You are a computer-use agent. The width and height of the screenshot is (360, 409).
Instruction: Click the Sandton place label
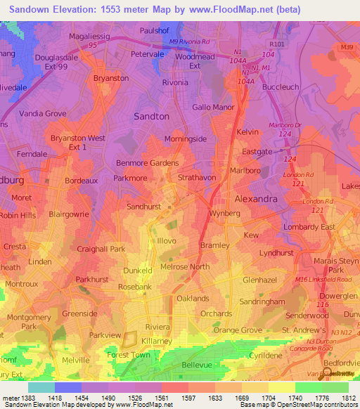point(151,116)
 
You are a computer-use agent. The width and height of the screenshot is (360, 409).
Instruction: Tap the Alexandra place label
point(255,199)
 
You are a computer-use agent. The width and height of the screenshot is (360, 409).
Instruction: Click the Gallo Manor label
point(213,107)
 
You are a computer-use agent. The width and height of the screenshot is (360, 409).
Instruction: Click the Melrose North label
point(185,267)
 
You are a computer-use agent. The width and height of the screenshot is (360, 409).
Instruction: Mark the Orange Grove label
point(237,330)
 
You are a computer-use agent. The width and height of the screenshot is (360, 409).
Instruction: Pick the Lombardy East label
point(309,227)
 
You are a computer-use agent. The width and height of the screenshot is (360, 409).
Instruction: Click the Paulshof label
point(155,31)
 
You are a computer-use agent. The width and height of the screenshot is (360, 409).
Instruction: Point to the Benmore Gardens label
point(147,163)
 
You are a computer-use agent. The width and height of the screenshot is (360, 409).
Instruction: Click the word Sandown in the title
point(27,10)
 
